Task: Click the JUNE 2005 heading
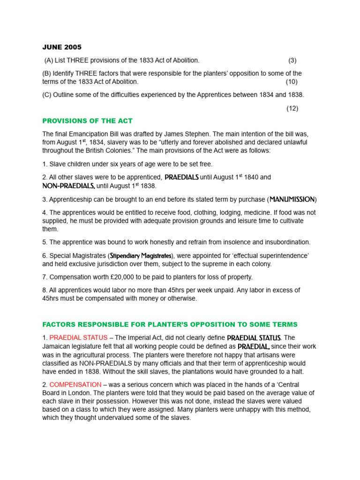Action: coord(62,47)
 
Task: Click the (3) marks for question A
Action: coord(292,60)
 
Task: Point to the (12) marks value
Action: coord(292,108)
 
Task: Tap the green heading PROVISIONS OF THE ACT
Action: coord(88,121)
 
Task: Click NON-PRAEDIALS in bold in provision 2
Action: coord(69,186)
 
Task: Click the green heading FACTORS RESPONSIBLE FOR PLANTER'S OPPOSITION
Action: coord(170,325)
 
